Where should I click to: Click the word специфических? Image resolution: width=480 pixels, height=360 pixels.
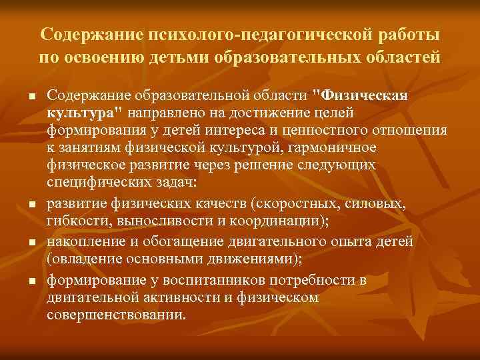(93, 181)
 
